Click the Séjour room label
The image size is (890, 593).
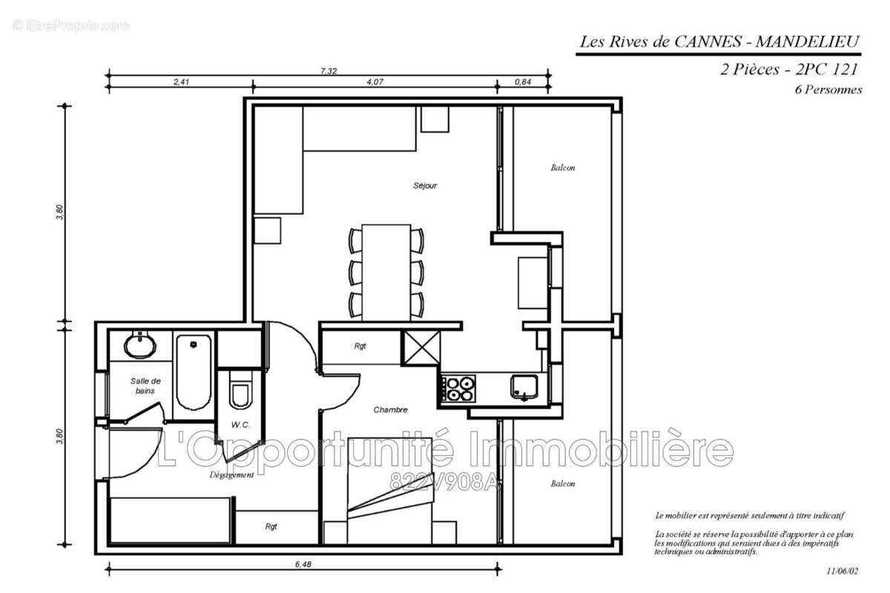[x=425, y=185]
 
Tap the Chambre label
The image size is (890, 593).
[x=390, y=410]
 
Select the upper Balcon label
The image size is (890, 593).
[x=562, y=168]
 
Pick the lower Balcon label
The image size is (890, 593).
[x=562, y=484]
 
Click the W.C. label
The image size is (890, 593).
[x=240, y=425]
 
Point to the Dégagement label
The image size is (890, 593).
[x=231, y=475]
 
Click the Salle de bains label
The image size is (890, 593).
[x=145, y=385]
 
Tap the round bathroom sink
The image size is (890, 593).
[x=139, y=345]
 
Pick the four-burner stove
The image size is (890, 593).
[x=458, y=388]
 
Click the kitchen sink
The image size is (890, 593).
[x=524, y=386]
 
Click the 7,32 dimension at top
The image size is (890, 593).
[x=329, y=71]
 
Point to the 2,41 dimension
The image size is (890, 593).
[x=181, y=82]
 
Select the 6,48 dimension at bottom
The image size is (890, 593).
[x=303, y=565]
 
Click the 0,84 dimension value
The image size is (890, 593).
[x=523, y=82]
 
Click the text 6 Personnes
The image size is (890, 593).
[x=827, y=90]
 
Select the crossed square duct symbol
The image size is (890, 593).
[x=421, y=347]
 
